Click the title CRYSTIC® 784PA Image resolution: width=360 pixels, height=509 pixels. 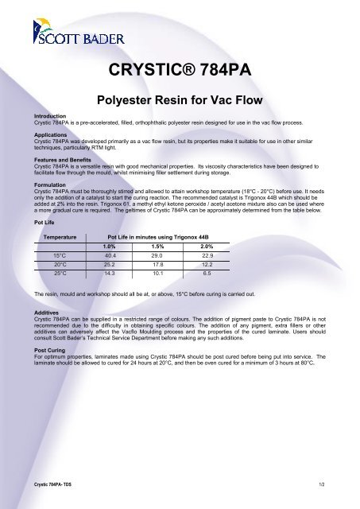(180, 76)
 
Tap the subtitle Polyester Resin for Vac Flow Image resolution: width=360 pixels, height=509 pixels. (180, 102)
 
